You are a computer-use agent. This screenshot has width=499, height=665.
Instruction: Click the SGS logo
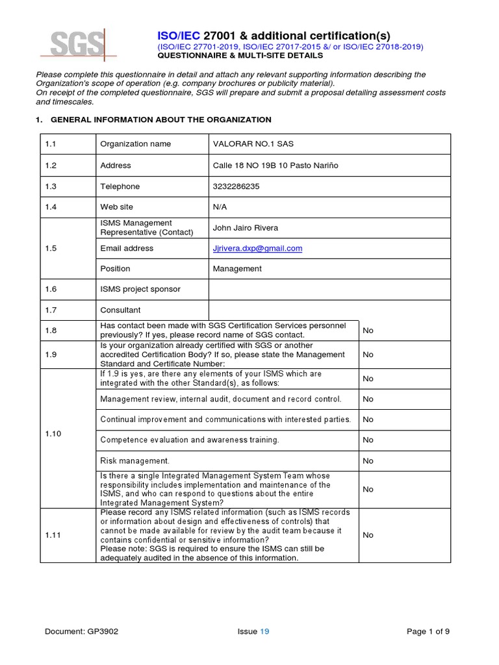tap(79, 44)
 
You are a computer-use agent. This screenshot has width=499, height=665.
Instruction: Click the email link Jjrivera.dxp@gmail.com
tap(257, 248)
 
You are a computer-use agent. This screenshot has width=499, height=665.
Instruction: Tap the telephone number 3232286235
tap(235, 186)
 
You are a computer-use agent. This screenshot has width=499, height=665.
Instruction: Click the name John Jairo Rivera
tap(246, 228)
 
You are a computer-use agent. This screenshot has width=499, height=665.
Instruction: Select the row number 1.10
tap(53, 434)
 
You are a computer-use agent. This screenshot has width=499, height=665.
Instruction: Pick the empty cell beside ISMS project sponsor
tap(329, 290)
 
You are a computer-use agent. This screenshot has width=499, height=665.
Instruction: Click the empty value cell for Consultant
tap(329, 310)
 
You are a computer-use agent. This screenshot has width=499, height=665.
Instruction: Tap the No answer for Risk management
tap(368, 461)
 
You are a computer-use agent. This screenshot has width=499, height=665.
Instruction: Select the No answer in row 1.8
tap(368, 331)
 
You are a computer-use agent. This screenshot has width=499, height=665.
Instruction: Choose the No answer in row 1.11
tap(368, 535)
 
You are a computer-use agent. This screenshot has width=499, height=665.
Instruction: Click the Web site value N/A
tap(220, 207)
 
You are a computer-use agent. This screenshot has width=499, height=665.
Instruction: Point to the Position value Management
tap(237, 269)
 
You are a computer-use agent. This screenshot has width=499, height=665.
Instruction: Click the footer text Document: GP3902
tap(82, 631)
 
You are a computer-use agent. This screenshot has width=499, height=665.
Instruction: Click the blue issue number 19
tap(264, 631)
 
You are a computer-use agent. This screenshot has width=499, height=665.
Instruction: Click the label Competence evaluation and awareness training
tap(190, 440)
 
